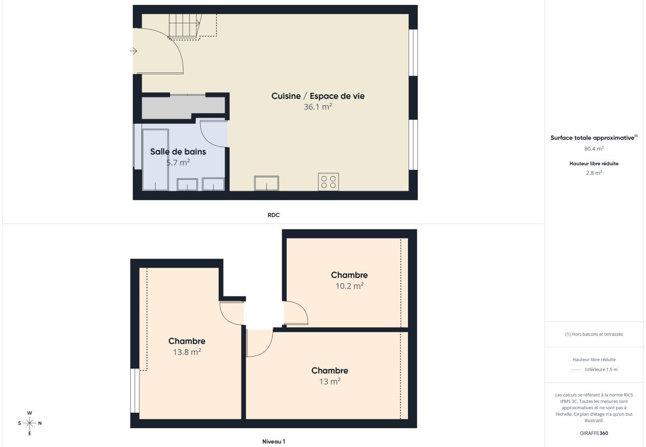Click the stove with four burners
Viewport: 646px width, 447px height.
(x=328, y=182)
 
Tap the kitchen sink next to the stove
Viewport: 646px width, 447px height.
(x=266, y=183)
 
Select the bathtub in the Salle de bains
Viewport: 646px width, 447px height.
(x=156, y=159)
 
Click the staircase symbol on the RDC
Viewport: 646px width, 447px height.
(x=185, y=26)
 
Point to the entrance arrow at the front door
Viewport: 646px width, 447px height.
(x=133, y=51)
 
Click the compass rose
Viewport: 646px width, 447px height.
(x=30, y=423)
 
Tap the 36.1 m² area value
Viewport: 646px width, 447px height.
(x=318, y=106)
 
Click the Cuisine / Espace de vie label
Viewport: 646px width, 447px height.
(x=318, y=96)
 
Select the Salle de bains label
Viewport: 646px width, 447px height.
(x=178, y=151)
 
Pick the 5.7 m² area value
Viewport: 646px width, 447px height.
(x=178, y=162)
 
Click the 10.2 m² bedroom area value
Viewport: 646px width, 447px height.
(x=349, y=286)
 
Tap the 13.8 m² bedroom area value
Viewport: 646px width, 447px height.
(x=187, y=352)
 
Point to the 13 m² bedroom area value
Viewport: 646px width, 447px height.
(x=329, y=381)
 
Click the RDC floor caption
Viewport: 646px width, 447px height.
(x=273, y=215)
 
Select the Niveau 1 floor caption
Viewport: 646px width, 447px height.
(x=273, y=442)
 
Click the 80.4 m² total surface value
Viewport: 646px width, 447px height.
(x=594, y=148)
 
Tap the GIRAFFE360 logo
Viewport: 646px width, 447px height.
(x=594, y=433)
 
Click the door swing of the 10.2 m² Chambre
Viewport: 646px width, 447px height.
(x=296, y=313)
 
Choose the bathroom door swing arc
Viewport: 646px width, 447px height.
(x=213, y=134)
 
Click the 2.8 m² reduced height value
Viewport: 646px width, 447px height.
(x=594, y=173)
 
